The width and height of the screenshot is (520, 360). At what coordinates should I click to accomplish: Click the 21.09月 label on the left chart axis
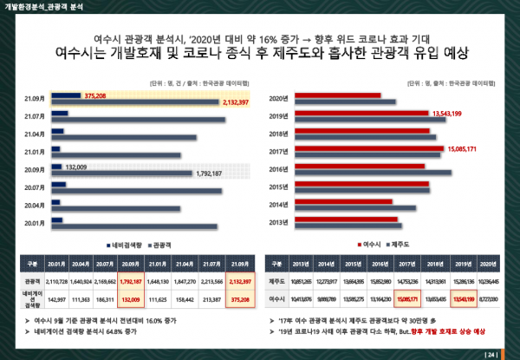coord(35,95)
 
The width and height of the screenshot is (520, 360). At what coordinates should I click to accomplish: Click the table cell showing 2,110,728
coord(56,281)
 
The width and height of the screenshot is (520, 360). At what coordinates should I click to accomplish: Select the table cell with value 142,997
coord(56,298)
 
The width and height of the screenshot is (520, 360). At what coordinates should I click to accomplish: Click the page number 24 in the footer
coord(491,353)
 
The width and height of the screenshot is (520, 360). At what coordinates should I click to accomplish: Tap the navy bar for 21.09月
coord(67,95)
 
